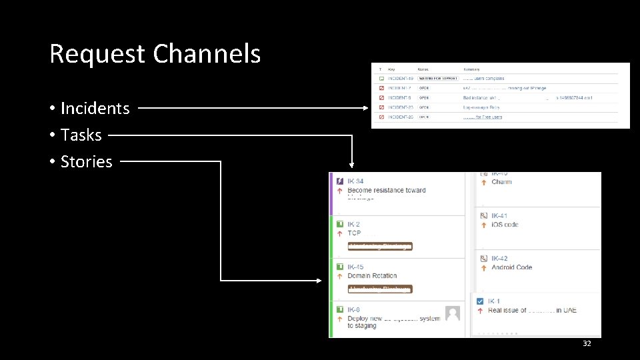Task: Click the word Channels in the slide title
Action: (207, 53)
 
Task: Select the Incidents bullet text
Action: (95, 108)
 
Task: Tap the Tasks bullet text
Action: (81, 135)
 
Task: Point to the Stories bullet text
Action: (86, 161)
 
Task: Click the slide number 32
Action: (587, 343)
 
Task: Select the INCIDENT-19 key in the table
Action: (400, 79)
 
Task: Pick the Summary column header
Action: (471, 69)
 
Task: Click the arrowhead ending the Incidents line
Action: (365, 107)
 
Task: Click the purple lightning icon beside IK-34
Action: (339, 181)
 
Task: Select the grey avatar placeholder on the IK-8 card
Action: (453, 314)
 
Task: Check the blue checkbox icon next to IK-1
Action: (480, 301)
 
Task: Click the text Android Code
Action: (511, 267)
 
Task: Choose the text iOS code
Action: (505, 225)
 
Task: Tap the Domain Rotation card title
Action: (372, 275)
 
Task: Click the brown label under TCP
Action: (380, 246)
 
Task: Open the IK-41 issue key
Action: (499, 216)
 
